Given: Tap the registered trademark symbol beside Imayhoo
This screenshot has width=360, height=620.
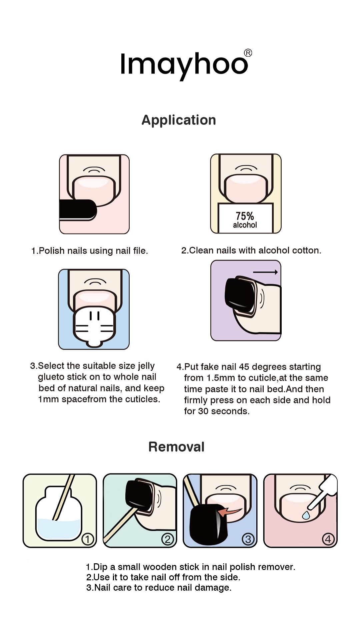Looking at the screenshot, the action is coord(248,53).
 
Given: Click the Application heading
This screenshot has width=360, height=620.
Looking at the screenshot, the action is coord(179,120).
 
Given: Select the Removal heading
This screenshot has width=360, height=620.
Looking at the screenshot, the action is coord(176,447).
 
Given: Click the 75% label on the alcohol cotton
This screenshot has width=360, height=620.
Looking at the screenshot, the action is coord(245,216).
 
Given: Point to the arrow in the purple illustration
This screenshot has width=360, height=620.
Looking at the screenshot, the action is coord(265,272).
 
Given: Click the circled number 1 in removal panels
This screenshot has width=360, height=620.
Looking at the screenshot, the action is coord(88,539).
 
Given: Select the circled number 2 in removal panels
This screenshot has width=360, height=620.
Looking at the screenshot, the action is coord(168,539).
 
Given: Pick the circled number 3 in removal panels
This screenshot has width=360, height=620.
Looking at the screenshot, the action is coord(248,539).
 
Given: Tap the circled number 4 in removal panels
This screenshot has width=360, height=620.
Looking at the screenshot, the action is coord(328,539).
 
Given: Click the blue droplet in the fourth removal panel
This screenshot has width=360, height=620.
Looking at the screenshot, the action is coord(306,515).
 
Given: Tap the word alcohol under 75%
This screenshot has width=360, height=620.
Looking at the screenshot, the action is coord(245,225).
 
